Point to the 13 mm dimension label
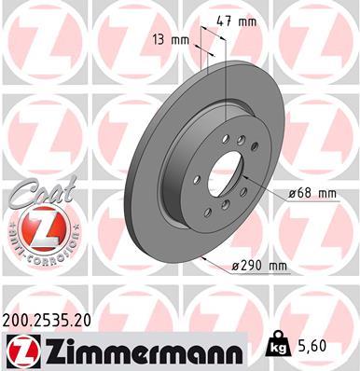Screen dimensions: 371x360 tap(172, 40)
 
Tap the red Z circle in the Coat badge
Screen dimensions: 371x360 tap(35, 228)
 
